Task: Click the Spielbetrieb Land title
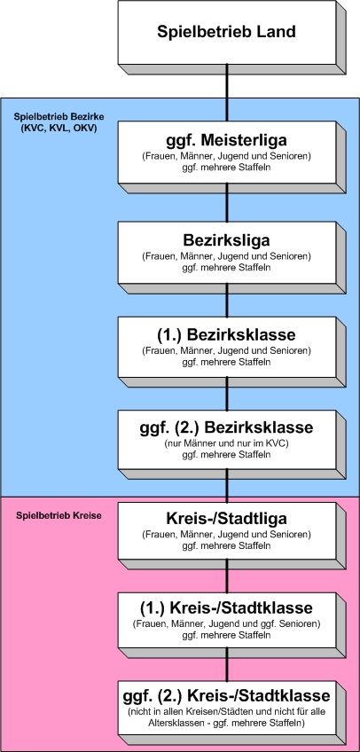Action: (x=227, y=32)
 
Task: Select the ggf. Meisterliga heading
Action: (x=227, y=141)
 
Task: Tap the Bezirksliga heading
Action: (x=227, y=239)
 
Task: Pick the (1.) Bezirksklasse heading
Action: (x=227, y=333)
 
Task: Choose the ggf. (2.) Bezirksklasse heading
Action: (x=227, y=427)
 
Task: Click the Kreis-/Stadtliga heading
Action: (x=227, y=519)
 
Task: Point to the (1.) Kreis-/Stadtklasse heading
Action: (x=227, y=608)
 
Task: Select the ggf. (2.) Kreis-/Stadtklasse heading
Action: (x=227, y=695)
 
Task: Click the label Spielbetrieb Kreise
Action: (x=59, y=516)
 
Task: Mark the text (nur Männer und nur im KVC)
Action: (x=227, y=443)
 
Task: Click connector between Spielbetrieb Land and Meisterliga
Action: (x=227, y=93)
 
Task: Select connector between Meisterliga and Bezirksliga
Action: (x=227, y=202)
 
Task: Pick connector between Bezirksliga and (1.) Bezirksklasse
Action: (x=227, y=301)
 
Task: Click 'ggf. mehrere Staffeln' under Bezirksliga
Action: (x=227, y=267)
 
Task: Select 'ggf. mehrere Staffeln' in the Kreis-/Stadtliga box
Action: (x=227, y=545)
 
